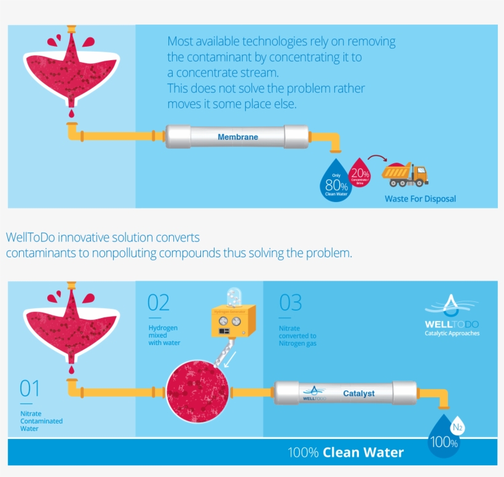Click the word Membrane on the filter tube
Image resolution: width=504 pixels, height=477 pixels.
coord(238,137)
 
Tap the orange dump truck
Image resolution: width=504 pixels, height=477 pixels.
coord(404,174)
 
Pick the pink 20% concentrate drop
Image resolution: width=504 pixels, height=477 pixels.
coord(359,172)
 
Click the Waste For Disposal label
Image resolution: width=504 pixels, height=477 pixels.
coord(420,199)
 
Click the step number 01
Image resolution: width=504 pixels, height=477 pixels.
coord(30,389)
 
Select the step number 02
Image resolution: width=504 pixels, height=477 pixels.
coord(159,303)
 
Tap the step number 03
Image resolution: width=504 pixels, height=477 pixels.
coord(291,303)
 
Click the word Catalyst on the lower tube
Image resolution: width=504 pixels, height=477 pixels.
coord(358,393)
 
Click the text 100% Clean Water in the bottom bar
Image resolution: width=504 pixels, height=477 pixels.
coord(346,453)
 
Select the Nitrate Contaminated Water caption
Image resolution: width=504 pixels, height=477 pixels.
coord(41,421)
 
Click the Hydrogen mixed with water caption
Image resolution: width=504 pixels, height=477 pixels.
coord(164,335)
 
